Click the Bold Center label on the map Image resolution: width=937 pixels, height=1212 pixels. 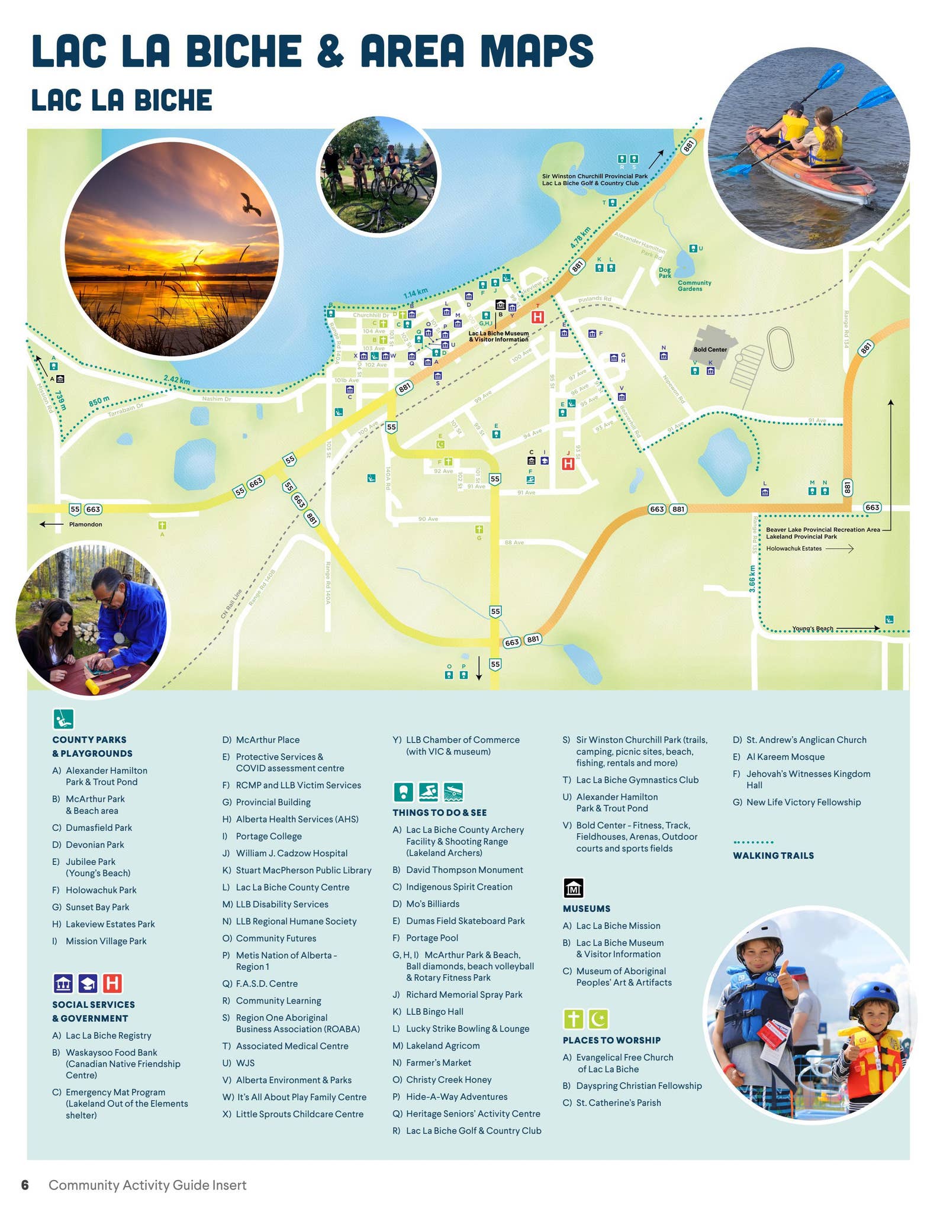[710, 350]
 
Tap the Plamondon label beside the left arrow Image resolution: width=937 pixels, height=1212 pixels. [85, 524]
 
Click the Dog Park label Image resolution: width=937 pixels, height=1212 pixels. [665, 273]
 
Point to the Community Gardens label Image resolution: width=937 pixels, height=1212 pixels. [694, 286]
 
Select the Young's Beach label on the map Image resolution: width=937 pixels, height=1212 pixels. [812, 628]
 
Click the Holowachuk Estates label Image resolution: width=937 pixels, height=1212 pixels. [793, 549]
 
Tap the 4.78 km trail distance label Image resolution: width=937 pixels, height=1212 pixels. [581, 237]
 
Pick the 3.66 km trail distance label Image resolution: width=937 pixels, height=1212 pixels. [752, 578]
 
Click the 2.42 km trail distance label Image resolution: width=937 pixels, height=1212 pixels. [176, 381]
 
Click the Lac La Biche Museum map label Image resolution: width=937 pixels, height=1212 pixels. [498, 336]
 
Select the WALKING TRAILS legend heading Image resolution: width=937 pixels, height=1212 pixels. [772, 856]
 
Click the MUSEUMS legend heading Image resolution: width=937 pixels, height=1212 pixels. [586, 908]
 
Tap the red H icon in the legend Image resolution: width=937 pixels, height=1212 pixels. [112, 984]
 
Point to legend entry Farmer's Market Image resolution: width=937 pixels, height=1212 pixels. [438, 1063]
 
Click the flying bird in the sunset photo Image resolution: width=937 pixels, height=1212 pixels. [251, 204]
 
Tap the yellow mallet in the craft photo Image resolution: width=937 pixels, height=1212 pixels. [96, 686]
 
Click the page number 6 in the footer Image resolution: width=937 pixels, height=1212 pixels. [25, 1185]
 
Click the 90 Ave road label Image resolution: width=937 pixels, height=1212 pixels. [428, 519]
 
